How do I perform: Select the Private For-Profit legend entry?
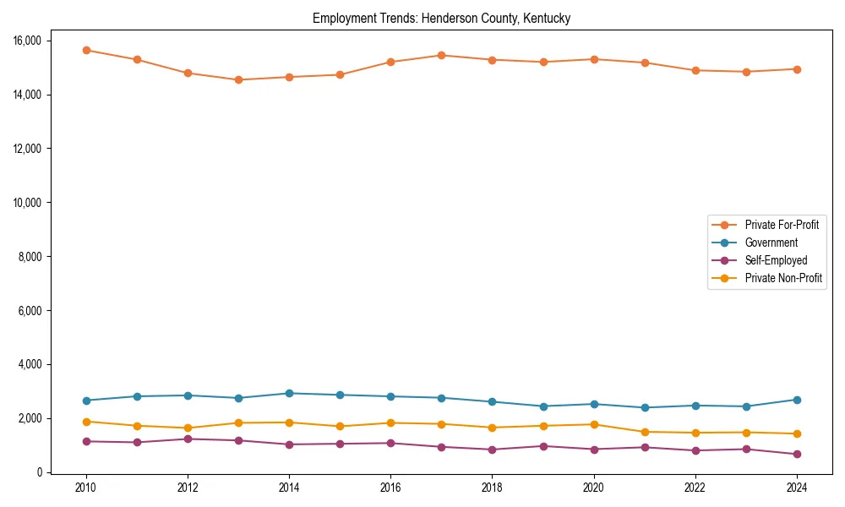(x=782, y=225)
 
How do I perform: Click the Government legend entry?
(x=771, y=243)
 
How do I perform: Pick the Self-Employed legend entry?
(x=776, y=260)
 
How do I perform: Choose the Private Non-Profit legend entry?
(x=783, y=278)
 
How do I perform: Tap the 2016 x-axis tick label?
(x=390, y=488)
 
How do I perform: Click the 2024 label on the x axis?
(x=797, y=488)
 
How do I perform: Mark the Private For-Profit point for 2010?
(x=86, y=50)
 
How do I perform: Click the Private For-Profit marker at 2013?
(x=238, y=80)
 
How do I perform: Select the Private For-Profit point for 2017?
(x=441, y=55)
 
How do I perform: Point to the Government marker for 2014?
(x=289, y=393)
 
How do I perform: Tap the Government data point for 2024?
(x=797, y=400)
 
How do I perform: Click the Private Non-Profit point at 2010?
(x=86, y=422)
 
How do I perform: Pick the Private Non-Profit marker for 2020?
(x=594, y=424)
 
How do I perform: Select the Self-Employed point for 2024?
(x=797, y=455)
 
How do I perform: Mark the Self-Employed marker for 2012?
(x=188, y=439)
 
